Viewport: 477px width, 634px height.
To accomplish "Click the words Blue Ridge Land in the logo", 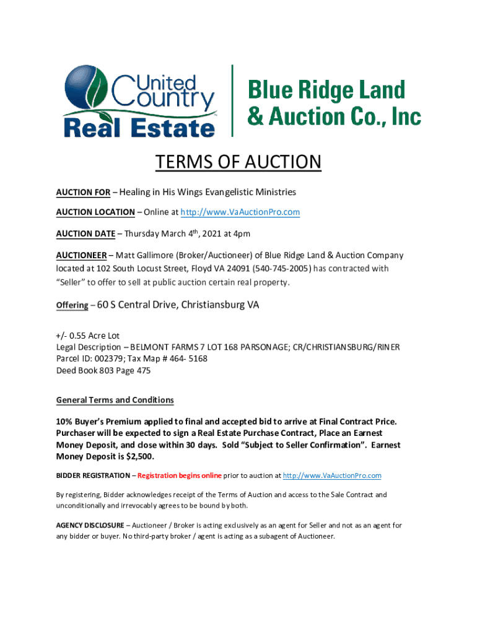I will (x=326, y=90).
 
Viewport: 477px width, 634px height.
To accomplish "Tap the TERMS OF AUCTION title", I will (x=239, y=162).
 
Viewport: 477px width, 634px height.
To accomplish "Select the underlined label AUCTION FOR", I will (x=83, y=193).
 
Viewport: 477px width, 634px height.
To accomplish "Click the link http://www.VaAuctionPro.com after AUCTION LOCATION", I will (x=240, y=212).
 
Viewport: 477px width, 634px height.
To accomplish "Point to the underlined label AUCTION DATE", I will (x=85, y=234).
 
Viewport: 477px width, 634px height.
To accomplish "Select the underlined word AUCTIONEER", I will (x=79, y=255).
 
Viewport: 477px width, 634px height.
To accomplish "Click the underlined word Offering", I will (x=72, y=306).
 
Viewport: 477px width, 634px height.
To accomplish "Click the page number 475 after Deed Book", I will (x=142, y=370).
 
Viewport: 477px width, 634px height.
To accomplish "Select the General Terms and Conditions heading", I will (x=115, y=400).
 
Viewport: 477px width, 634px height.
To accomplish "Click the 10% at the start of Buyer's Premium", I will (x=65, y=422).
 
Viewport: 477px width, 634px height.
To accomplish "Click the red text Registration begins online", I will (x=179, y=475).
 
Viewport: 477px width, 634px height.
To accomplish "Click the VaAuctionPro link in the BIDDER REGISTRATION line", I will (x=331, y=475).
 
